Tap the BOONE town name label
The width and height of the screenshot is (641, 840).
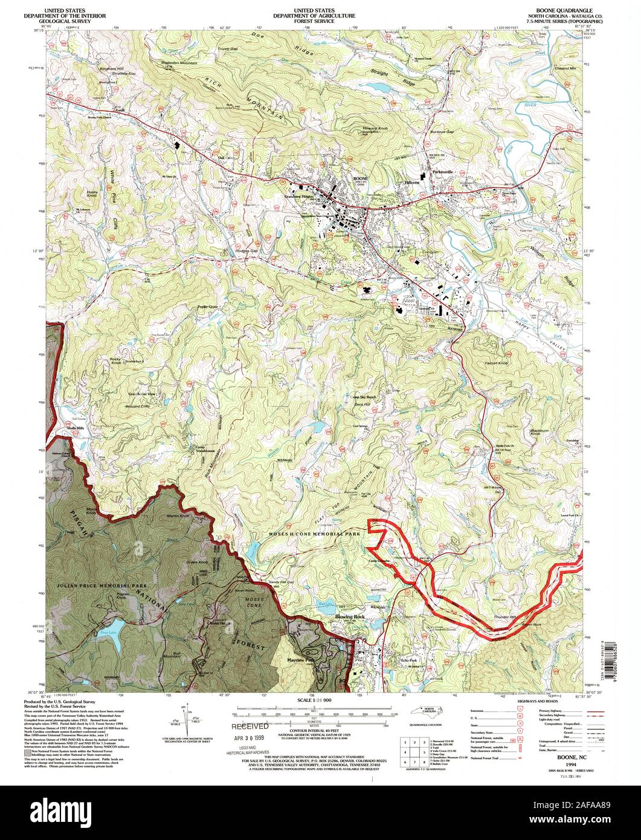361,179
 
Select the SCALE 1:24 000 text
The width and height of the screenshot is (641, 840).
320,700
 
